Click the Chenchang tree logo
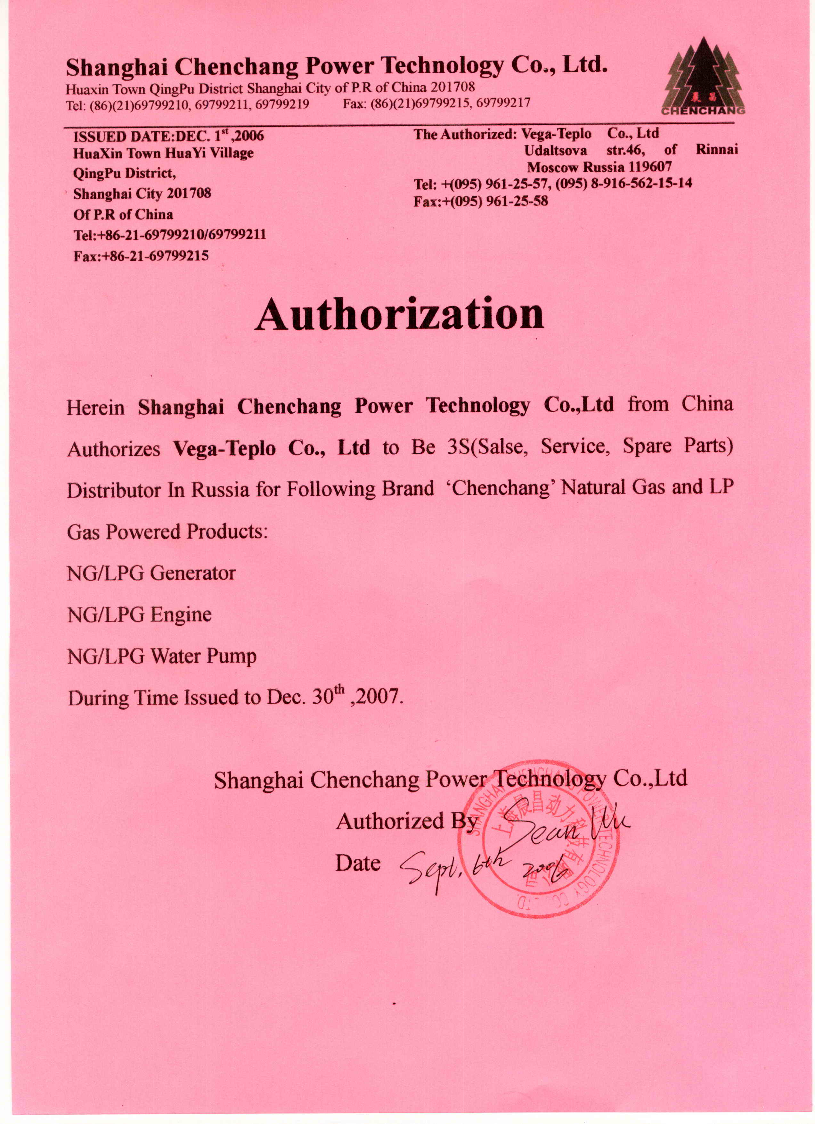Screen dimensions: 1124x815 point(703,77)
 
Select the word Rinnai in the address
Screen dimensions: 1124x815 point(716,149)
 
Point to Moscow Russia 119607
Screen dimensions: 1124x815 point(599,167)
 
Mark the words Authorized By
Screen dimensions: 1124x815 point(406,822)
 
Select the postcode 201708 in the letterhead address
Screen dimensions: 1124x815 point(452,88)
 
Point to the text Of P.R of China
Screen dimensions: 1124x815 point(123,215)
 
